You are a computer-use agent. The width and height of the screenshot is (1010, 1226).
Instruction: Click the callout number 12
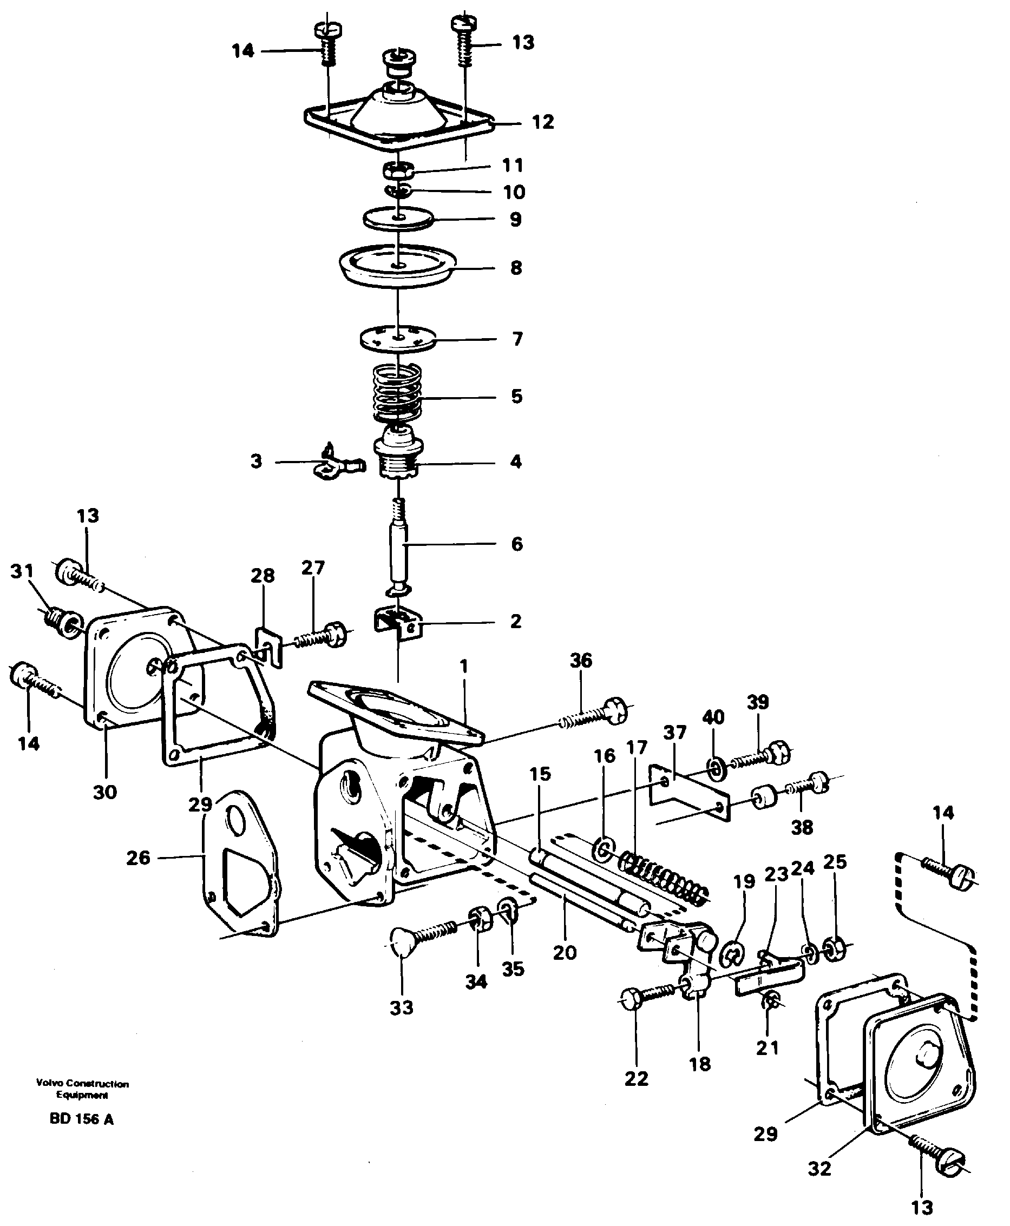(x=542, y=122)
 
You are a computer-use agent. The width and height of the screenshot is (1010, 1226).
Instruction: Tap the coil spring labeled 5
(x=397, y=393)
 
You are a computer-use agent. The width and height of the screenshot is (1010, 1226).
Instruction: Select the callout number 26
(x=139, y=858)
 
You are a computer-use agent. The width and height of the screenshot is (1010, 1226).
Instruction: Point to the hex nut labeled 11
(x=397, y=171)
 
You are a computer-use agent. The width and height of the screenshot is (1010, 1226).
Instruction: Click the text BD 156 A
(x=82, y=1119)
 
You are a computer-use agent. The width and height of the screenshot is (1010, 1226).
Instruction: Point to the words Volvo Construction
(x=82, y=1084)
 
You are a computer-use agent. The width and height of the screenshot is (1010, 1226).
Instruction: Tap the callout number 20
(x=565, y=952)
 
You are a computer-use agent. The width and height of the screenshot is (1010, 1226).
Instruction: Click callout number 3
(x=256, y=461)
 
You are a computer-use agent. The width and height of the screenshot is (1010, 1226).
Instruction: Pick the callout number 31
(x=22, y=571)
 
